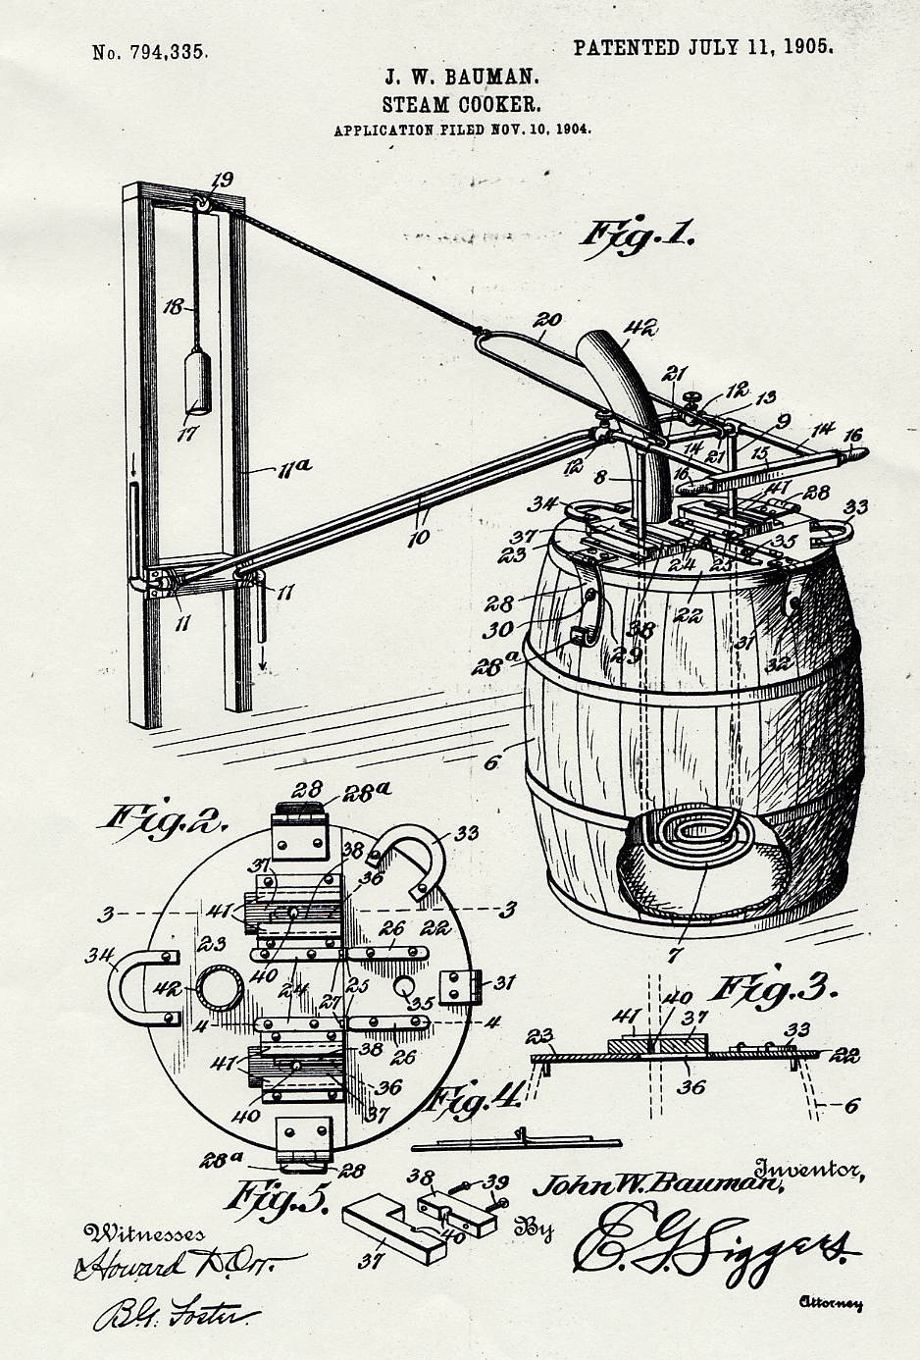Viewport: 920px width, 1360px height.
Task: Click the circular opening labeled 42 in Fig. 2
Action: [x=215, y=992]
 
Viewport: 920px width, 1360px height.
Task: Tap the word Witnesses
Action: [x=145, y=1233]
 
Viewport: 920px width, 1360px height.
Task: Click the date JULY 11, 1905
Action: [x=761, y=47]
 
